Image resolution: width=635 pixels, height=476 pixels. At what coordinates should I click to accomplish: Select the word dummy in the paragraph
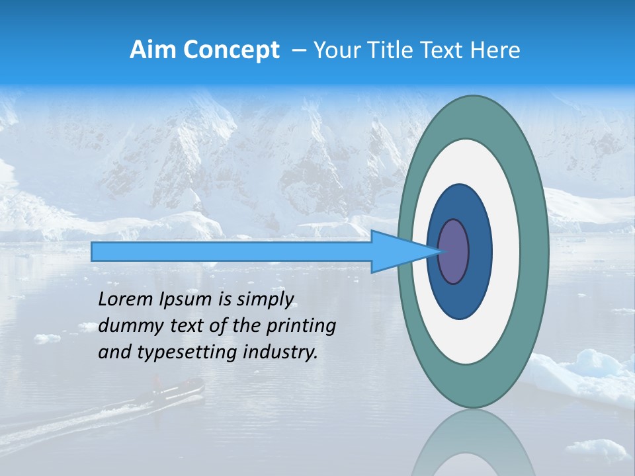(129, 326)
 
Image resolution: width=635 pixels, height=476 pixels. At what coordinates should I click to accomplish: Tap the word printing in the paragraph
(301, 327)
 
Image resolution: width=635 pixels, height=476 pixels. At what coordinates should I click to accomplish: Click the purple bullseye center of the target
(454, 252)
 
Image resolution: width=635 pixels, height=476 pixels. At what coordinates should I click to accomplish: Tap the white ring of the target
(506, 251)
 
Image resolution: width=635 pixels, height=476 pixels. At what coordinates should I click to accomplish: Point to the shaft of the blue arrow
(232, 252)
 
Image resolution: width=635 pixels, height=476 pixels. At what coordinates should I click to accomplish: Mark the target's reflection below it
(473, 446)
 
